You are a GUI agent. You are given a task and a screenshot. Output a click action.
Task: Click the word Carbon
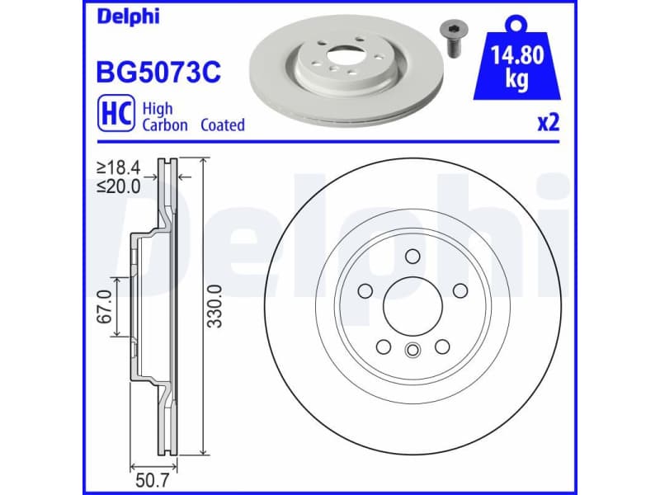click(165, 125)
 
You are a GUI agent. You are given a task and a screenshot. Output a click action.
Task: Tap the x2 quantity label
click(548, 124)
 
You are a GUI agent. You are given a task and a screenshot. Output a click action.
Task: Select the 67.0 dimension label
click(105, 307)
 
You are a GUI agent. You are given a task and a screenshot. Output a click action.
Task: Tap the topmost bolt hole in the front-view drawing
click(412, 254)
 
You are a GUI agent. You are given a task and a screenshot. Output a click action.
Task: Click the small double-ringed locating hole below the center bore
click(412, 351)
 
